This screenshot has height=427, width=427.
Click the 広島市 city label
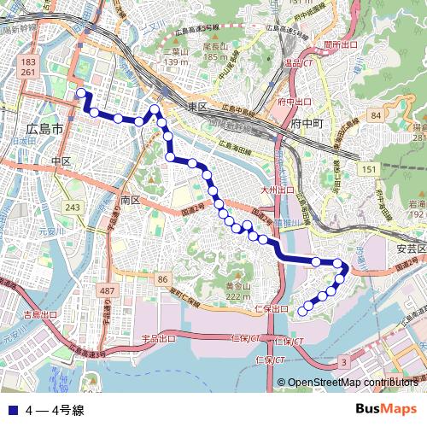(x=44, y=129)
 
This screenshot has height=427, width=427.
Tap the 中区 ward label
(x=60, y=161)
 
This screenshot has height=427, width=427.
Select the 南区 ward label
(x=130, y=199)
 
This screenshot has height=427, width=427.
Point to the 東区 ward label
(x=197, y=106)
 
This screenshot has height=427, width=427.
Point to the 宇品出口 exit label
(x=158, y=338)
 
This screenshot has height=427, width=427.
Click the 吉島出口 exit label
(x=40, y=315)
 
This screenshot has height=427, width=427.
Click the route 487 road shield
(x=107, y=291)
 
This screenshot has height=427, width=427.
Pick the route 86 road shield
(x=163, y=279)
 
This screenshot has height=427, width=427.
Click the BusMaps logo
(x=387, y=410)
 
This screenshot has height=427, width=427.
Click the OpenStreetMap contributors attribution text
(x=354, y=383)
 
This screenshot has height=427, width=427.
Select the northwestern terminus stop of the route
(x=81, y=93)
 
